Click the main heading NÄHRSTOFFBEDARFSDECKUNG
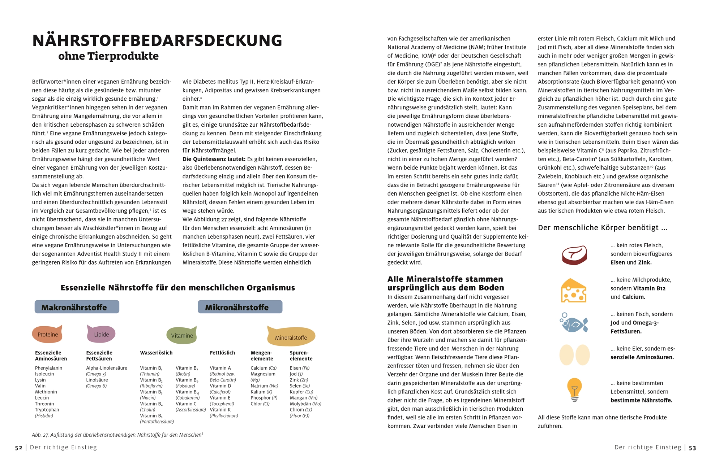[x=157, y=40]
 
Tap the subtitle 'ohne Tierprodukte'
[x=108, y=56]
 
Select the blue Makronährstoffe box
[x=77, y=307]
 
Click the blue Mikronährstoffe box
[x=240, y=307]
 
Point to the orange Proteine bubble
[x=47, y=334]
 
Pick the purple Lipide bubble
[x=101, y=334]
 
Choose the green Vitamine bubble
[x=182, y=335]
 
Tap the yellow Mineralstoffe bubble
[x=291, y=337]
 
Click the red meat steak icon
[x=574, y=255]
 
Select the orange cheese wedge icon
[x=573, y=291]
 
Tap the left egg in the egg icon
[x=566, y=355]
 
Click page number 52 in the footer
[x=19, y=448]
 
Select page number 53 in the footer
[x=692, y=448]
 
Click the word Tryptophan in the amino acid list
[x=47, y=410]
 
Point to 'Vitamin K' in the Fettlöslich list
[x=220, y=410]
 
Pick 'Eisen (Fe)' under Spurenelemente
[x=300, y=368]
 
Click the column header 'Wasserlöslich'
[x=156, y=353]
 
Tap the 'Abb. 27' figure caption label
[x=40, y=435]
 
